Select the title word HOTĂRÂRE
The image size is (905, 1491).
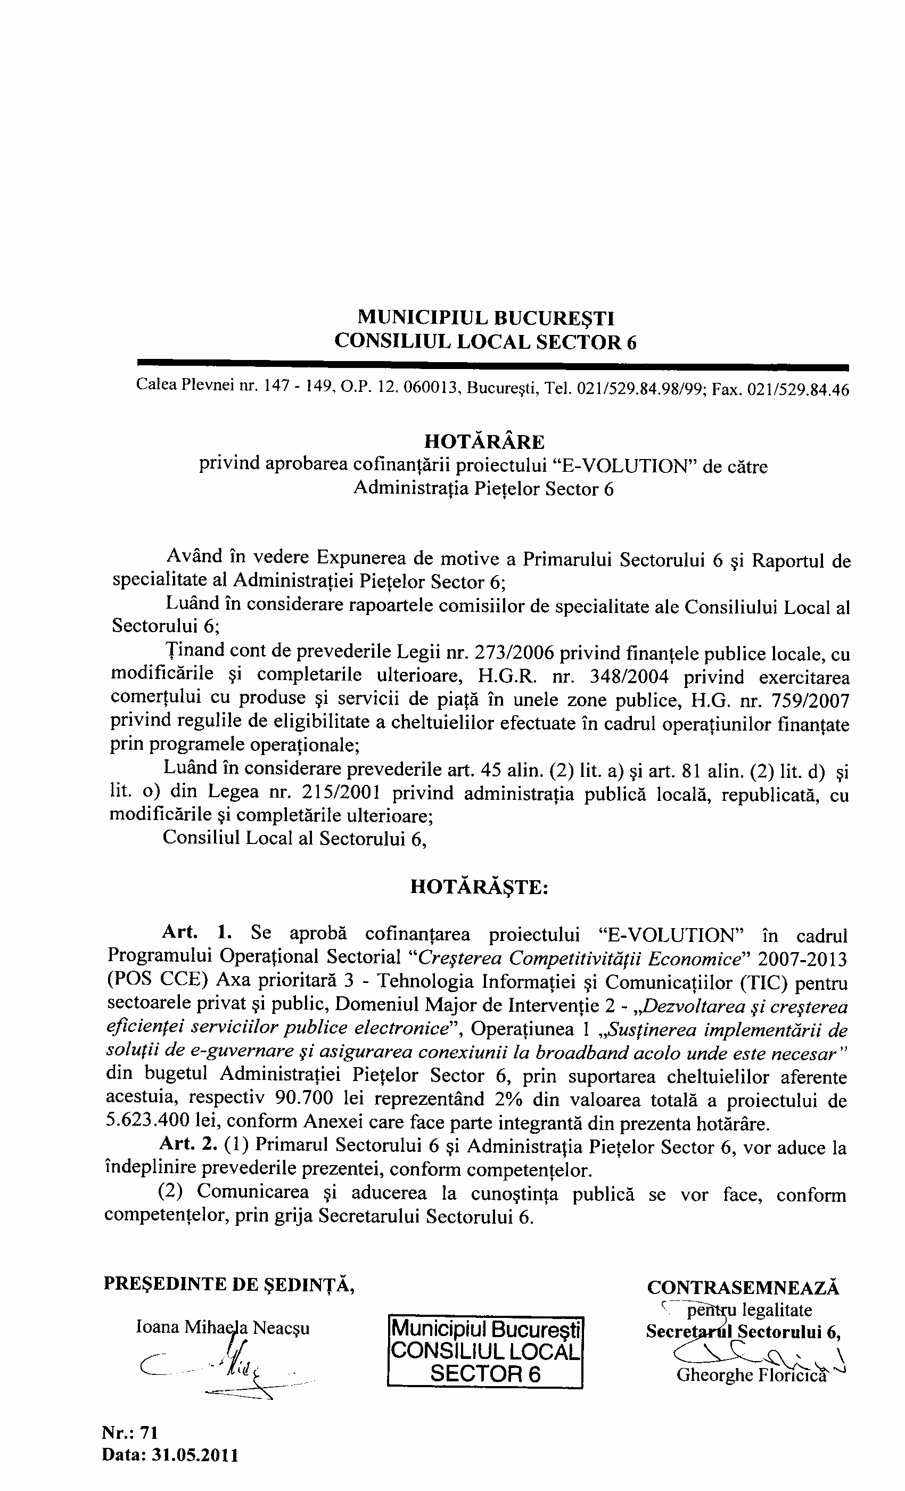click(x=484, y=443)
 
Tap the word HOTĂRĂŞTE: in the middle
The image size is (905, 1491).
click(x=479, y=887)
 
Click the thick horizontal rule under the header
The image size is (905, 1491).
click(x=493, y=364)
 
